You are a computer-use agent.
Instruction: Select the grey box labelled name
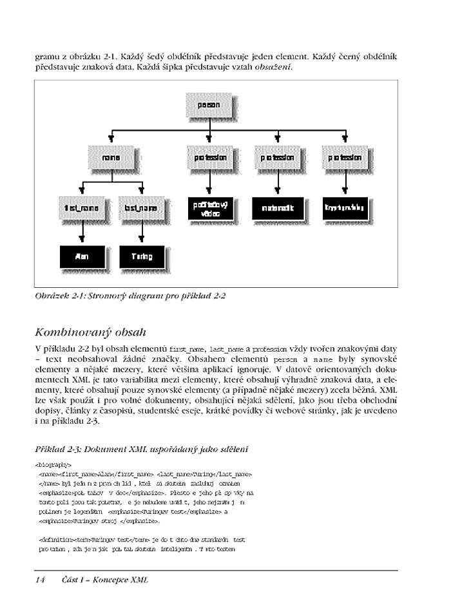(111, 157)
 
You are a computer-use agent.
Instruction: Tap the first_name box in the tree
(81, 209)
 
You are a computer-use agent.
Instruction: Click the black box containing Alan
(81, 256)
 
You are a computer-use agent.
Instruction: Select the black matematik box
(277, 207)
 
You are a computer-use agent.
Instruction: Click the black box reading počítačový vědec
(209, 207)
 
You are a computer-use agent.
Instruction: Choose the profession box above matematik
(277, 157)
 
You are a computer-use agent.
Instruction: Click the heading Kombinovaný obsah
(91, 332)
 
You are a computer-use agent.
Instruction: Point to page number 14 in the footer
(39, 580)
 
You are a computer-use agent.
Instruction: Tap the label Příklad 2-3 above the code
(59, 448)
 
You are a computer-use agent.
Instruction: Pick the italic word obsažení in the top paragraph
(274, 68)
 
